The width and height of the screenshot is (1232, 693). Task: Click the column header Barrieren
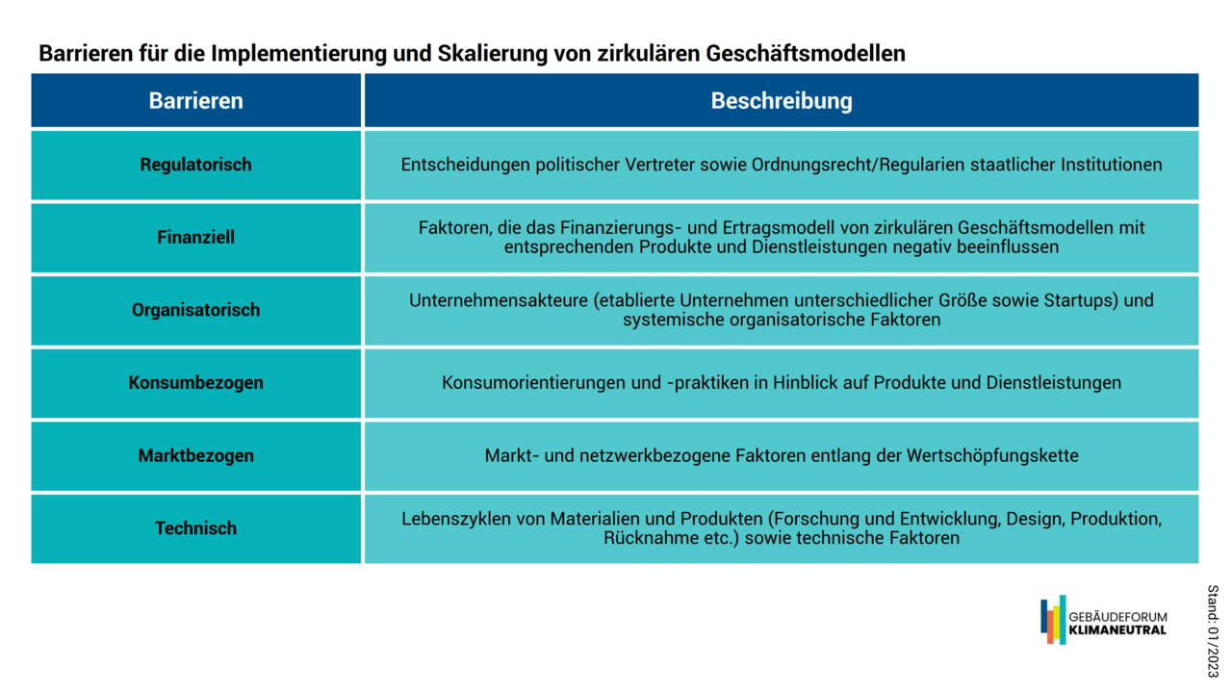(195, 101)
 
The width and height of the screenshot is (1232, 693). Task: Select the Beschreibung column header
(782, 101)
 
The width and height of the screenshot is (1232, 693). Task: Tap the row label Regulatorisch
(195, 165)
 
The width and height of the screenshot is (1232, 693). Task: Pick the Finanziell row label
(195, 237)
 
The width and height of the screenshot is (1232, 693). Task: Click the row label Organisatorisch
(195, 310)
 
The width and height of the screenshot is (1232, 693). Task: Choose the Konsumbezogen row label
(195, 382)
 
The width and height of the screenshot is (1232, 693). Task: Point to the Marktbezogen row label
(195, 455)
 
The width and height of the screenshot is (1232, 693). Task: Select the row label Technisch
(195, 528)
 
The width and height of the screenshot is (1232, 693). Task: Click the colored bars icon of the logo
(1053, 620)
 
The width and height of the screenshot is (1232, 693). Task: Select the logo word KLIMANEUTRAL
(1117, 630)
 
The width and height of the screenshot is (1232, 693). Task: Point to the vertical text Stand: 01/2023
(1213, 631)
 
